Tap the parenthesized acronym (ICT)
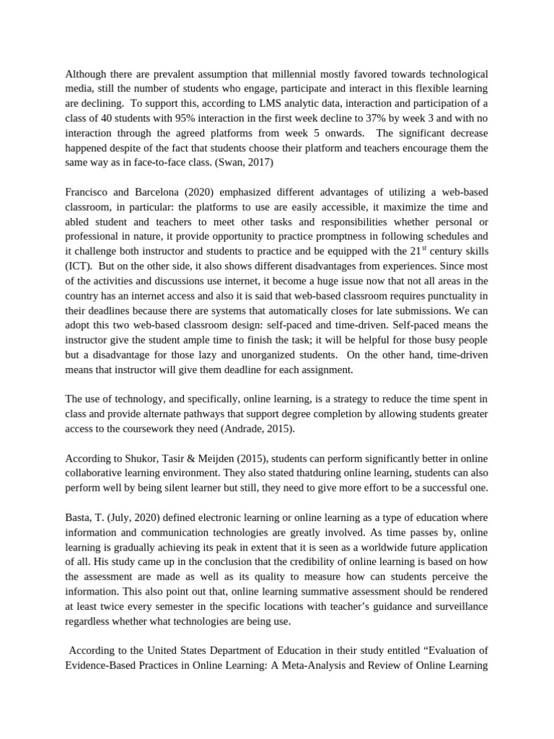[78, 266]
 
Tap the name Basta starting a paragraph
[79, 517]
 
